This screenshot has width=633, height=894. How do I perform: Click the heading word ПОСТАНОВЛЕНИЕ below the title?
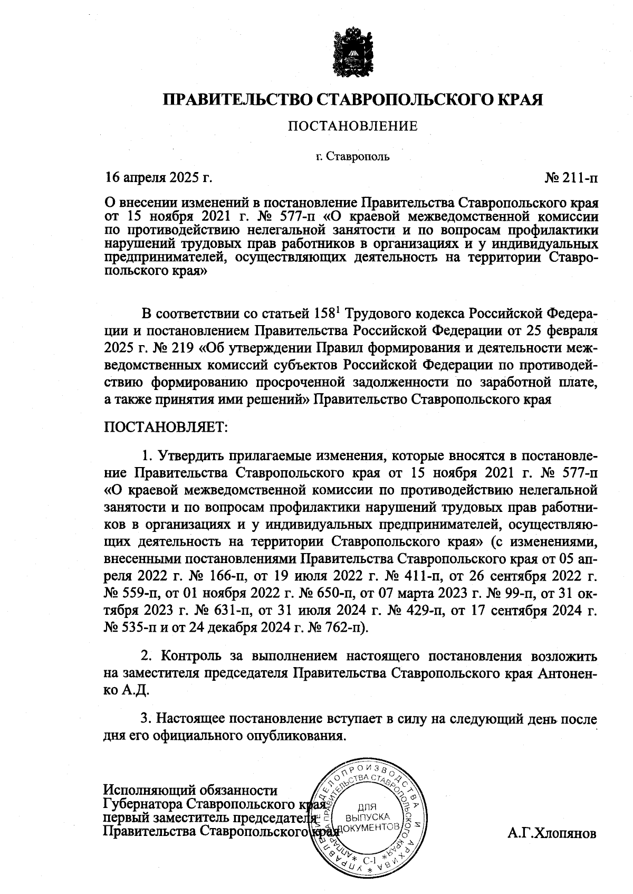pos(352,126)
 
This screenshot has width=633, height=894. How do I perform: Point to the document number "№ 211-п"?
pos(571,178)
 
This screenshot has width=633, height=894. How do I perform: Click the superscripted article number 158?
pos(325,315)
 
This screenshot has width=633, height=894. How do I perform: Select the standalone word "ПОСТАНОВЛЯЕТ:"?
pos(165,426)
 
